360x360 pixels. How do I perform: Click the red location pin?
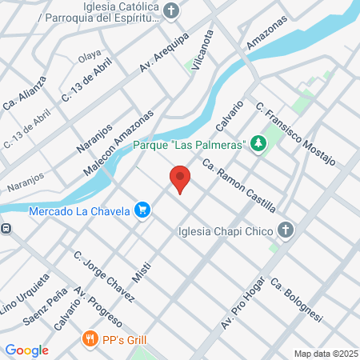click(180, 178)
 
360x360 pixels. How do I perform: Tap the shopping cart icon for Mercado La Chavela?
click(142, 210)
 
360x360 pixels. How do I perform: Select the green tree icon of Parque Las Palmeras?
click(258, 143)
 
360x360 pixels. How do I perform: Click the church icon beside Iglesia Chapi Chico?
click(286, 232)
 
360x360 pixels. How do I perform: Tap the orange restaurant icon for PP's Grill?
click(90, 338)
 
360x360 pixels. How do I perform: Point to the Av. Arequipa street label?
click(163, 53)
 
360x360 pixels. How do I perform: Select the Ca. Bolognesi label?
click(295, 300)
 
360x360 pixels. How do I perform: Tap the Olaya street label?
click(87, 57)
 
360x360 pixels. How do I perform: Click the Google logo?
click(26, 350)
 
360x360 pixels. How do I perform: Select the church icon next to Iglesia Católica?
click(171, 10)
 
